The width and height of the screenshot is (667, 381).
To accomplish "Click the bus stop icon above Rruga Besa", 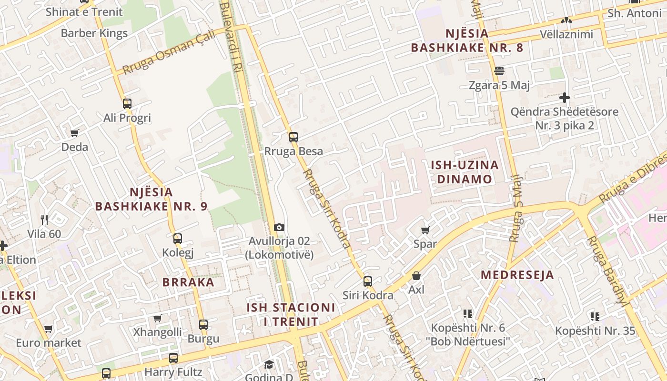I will click(293, 137).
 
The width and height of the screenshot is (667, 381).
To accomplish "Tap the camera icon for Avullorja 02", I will click(279, 228).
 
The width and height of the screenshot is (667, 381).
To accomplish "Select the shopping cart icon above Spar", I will click(425, 230).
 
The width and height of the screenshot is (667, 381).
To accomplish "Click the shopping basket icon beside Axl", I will click(416, 276).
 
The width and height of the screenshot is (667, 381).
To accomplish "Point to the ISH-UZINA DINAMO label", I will click(465, 172).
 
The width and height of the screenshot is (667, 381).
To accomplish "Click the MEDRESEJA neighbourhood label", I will click(517, 275).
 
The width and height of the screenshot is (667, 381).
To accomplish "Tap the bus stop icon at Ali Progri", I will click(127, 103).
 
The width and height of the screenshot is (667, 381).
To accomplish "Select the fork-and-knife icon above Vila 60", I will click(44, 220).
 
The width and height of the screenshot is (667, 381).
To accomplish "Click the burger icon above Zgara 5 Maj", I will click(499, 71).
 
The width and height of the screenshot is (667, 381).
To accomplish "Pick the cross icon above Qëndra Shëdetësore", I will click(565, 98).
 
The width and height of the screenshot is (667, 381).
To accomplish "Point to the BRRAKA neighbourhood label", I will click(188, 282).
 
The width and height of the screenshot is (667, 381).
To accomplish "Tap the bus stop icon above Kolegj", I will click(177, 238).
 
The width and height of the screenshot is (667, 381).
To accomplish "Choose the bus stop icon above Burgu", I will click(203, 325).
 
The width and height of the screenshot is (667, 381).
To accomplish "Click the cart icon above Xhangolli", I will click(157, 318).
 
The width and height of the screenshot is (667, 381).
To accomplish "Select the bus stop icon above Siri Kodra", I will click(368, 281).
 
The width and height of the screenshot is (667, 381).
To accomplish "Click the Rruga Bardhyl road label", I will click(607, 269).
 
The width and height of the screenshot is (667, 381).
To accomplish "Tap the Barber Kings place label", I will click(94, 33).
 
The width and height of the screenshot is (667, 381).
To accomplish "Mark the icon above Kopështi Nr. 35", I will click(595, 316).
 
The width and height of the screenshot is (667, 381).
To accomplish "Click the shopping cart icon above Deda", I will click(74, 133).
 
